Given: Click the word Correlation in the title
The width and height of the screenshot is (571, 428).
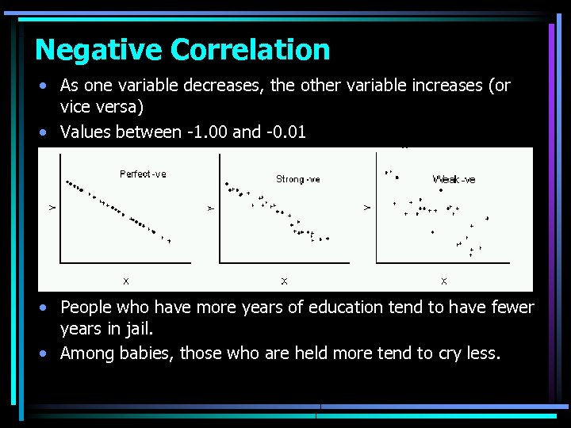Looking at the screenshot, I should (x=250, y=50).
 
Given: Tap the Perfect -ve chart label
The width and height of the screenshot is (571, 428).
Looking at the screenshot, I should (x=143, y=174).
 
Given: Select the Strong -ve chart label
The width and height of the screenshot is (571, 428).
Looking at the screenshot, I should (x=297, y=179).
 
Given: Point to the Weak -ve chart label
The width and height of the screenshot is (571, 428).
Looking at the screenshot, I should (x=454, y=179).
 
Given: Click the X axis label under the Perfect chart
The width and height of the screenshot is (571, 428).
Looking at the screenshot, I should (x=125, y=281).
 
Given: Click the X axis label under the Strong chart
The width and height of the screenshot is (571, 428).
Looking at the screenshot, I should (x=284, y=281).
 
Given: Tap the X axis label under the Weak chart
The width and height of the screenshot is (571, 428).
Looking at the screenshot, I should (x=443, y=281).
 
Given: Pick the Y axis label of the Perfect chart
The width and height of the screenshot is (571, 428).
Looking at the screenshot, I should (x=52, y=208).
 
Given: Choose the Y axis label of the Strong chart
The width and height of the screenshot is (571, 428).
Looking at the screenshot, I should (x=211, y=208).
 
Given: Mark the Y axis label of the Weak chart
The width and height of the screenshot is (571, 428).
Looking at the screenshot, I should (x=366, y=208).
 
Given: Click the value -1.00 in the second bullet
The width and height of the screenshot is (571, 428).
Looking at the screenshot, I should (x=206, y=132).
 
